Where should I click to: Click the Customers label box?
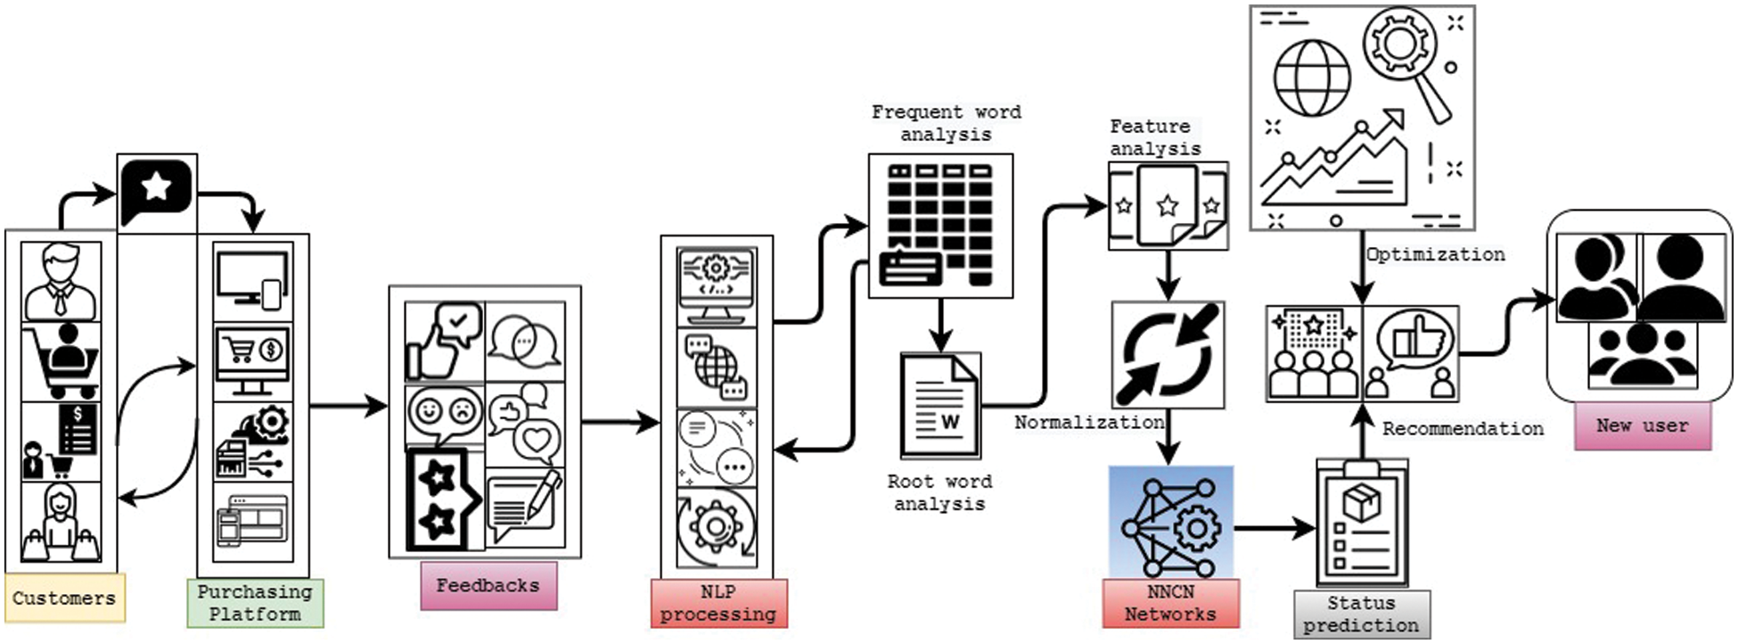coord(64,598)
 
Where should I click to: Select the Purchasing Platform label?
coord(255,603)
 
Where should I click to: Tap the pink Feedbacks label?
coord(488,586)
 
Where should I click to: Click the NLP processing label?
coord(718,603)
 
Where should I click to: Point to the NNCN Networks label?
coord(1170,603)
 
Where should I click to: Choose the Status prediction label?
coord(1361,614)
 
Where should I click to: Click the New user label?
coord(1642,425)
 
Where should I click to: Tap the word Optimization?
coord(1436,254)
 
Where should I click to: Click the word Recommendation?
coord(1463,428)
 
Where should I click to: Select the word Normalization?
coord(1089,422)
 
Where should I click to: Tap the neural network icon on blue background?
coord(1170,523)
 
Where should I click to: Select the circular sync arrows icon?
coord(1168,354)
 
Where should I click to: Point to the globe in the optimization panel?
coord(1312,78)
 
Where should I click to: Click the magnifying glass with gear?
coord(1406,54)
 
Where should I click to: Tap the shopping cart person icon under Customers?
coord(61,360)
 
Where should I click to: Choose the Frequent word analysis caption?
coord(946,123)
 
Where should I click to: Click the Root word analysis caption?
coord(939,492)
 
